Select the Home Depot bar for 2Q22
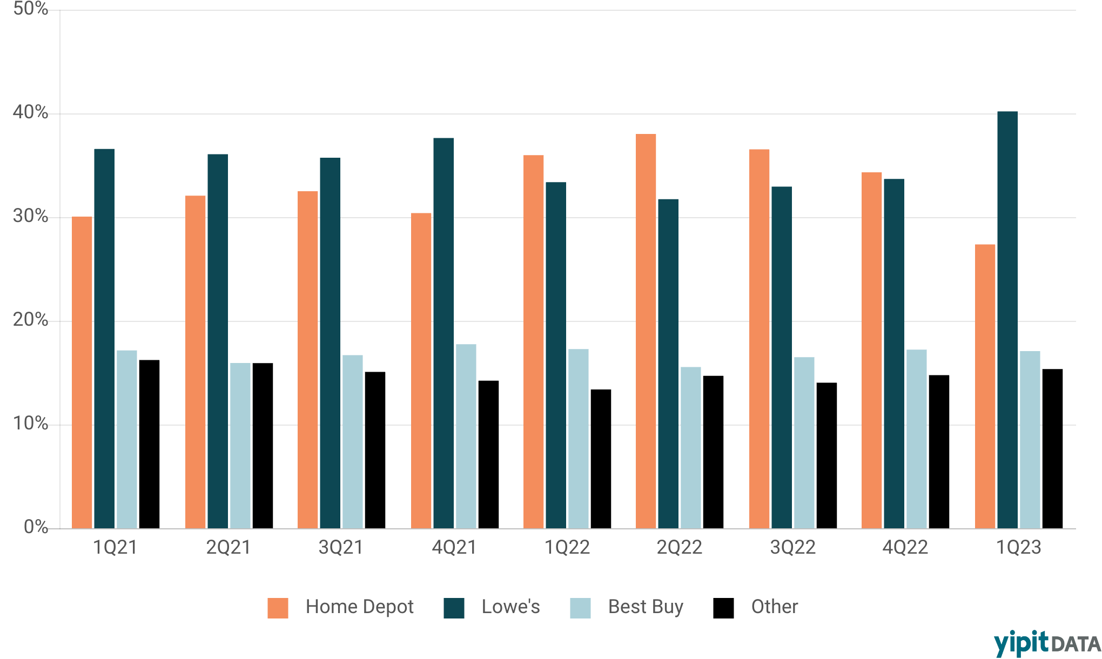click(646, 331)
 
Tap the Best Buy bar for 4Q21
click(466, 436)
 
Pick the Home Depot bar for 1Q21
click(82, 372)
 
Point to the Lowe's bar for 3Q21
click(330, 343)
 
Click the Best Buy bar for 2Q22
click(690, 447)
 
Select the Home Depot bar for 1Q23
click(985, 386)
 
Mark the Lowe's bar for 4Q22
click(893, 354)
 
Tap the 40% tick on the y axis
click(30, 112)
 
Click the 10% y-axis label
click(30, 423)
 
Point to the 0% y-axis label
click(36, 527)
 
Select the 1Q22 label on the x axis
click(567, 548)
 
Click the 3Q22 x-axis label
click(792, 548)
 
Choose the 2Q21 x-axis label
click(229, 548)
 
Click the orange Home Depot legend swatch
click(278, 608)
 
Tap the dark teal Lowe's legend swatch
click(454, 608)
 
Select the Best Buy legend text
click(646, 607)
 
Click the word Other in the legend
click(774, 607)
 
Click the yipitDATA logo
click(1047, 643)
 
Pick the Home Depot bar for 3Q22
click(759, 339)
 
